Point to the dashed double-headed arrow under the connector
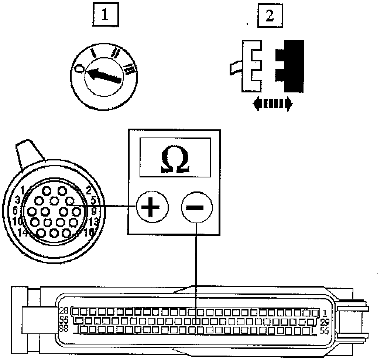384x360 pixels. pyautogui.click(x=272, y=104)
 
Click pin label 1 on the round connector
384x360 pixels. pyautogui.click(x=23, y=190)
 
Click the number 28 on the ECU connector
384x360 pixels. pyautogui.click(x=64, y=311)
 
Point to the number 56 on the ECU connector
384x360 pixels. pyautogui.click(x=323, y=331)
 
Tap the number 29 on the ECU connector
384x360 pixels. pyautogui.click(x=325, y=322)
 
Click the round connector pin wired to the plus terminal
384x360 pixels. pyautogui.click(x=69, y=201)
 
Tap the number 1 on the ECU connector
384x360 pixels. pyautogui.click(x=324, y=313)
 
